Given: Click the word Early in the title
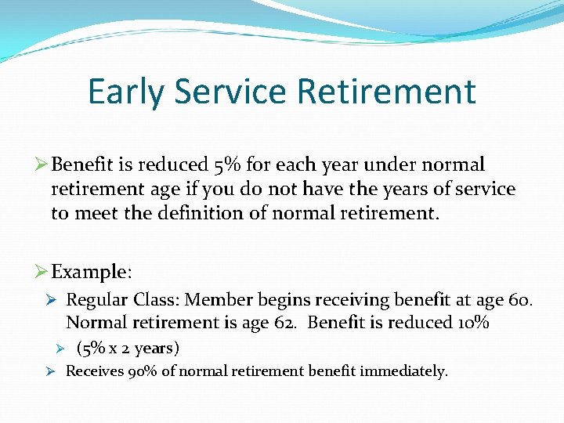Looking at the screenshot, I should [126, 92].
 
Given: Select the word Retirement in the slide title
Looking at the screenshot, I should [387, 92].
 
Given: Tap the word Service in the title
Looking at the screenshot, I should [232, 92].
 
